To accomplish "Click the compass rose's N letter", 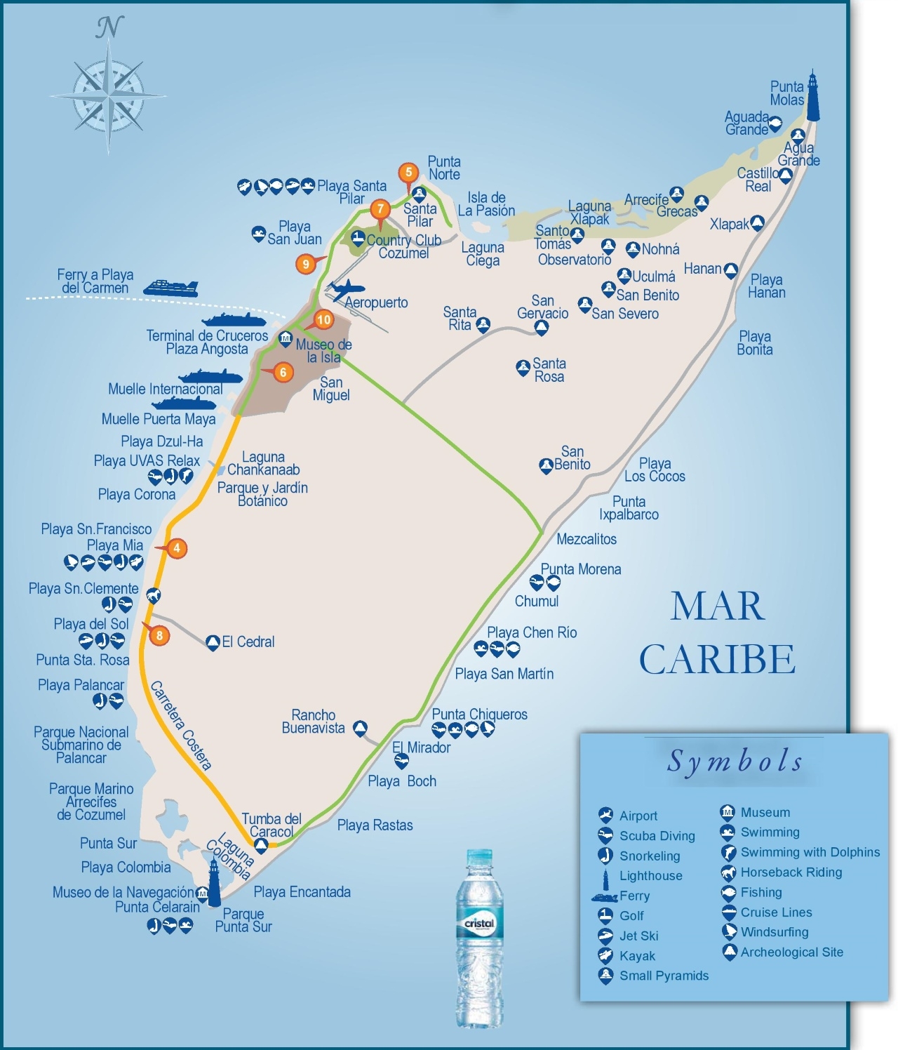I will (108, 27).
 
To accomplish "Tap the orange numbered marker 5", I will (408, 172).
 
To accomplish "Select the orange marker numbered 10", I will (323, 320).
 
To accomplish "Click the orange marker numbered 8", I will (160, 636).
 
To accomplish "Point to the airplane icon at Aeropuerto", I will (346, 290).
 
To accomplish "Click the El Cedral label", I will (248, 642).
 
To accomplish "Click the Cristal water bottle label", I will (479, 924).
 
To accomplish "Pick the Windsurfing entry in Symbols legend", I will (774, 932).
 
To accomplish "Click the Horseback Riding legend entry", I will (791, 872).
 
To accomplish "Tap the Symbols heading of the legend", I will (735, 761).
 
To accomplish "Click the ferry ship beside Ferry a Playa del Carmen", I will (170, 288).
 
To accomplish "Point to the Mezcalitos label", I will (587, 539).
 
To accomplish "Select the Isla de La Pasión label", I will (486, 204).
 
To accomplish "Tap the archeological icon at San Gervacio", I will (542, 328).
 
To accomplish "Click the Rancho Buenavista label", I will (313, 722).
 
